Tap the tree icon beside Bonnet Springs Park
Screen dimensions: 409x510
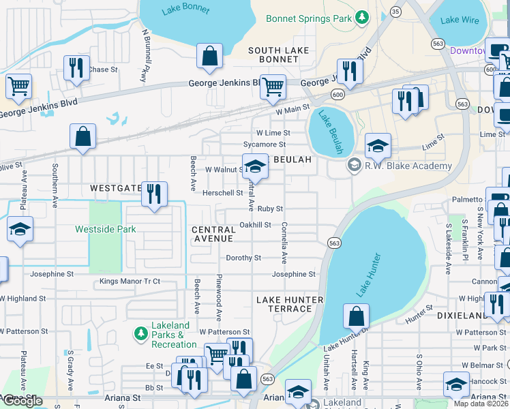click(363, 17)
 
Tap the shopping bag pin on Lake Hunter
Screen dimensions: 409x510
click(356, 316)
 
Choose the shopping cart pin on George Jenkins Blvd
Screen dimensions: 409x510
click(273, 87)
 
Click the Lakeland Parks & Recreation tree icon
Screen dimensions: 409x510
click(140, 334)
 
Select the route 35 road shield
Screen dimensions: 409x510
click(395, 12)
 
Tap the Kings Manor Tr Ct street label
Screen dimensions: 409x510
click(130, 281)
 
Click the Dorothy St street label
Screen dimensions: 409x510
click(243, 258)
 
